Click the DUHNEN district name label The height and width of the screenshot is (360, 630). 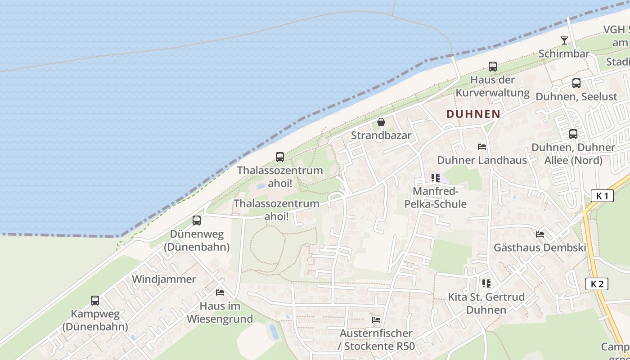(473, 114)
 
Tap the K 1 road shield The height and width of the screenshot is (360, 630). (602, 196)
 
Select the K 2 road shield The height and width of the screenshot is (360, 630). (597, 284)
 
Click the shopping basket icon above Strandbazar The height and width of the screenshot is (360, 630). (381, 122)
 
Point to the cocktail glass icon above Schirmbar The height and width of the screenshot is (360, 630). (564, 40)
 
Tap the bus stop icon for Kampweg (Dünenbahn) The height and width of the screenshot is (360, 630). (95, 301)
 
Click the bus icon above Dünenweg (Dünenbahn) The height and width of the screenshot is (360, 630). (197, 220)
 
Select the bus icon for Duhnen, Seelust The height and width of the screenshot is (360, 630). (576, 83)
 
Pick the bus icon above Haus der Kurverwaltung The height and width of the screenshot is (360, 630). (493, 67)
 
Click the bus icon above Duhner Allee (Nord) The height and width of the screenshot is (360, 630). (573, 134)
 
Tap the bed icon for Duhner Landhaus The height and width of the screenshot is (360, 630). (482, 147)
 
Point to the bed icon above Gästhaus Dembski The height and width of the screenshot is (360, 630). (540, 234)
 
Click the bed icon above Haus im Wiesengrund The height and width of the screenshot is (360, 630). (220, 292)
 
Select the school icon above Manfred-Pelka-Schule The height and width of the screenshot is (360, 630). (435, 178)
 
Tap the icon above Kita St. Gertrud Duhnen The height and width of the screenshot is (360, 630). (486, 283)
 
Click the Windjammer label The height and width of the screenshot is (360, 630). (164, 279)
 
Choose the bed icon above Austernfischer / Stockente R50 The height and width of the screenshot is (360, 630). (376, 320)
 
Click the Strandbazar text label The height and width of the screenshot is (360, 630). (381, 135)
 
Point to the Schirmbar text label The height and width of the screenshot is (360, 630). (564, 54)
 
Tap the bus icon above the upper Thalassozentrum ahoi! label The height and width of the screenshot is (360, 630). (280, 157)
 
